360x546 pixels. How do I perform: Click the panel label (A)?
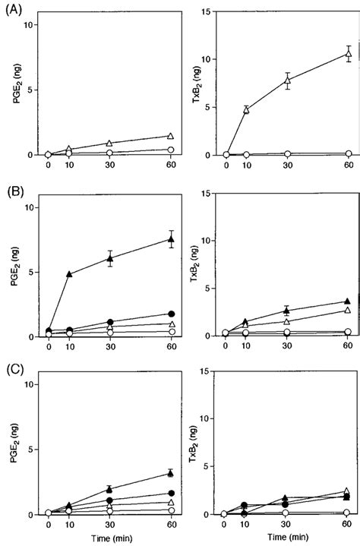pos(14,11)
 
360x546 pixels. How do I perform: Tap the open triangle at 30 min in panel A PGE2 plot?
pos(110,143)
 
